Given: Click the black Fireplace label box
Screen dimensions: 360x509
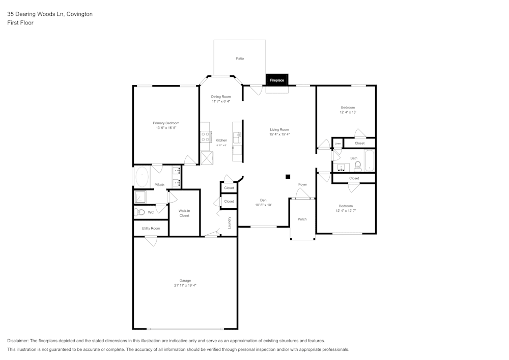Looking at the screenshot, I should click(x=277, y=80).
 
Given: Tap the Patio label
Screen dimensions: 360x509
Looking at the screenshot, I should click(x=240, y=59).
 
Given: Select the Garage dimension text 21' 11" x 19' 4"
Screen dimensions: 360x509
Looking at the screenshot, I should click(x=185, y=286).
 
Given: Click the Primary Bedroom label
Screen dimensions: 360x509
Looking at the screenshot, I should click(x=166, y=123).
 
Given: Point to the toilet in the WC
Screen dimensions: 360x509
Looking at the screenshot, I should click(x=140, y=212).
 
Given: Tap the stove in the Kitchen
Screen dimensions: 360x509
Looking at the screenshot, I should click(x=206, y=136).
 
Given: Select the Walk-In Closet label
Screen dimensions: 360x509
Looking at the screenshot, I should click(x=184, y=213).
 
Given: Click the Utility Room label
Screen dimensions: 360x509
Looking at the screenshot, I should click(x=151, y=228).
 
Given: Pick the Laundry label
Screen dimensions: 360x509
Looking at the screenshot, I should click(x=230, y=223).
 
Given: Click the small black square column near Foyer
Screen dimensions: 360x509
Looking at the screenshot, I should click(x=288, y=177).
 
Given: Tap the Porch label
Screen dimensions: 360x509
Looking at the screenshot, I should click(x=302, y=219).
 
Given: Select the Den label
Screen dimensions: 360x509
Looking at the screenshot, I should click(x=263, y=200).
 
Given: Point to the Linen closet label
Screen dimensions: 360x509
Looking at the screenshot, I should click(x=337, y=144).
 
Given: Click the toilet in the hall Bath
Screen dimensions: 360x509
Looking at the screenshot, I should click(x=357, y=166).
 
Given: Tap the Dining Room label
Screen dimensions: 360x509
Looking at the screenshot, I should click(x=221, y=97).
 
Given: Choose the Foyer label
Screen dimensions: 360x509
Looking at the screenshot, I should click(x=302, y=184).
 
